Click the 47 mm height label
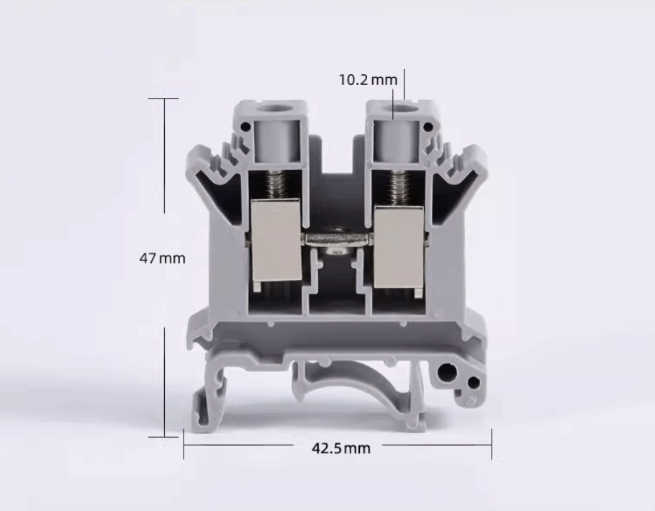[x=162, y=258]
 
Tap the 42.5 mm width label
[x=341, y=448]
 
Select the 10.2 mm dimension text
[x=368, y=79]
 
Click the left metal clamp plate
[x=276, y=240]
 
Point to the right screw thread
[x=398, y=189]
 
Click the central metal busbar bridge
[x=338, y=240]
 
